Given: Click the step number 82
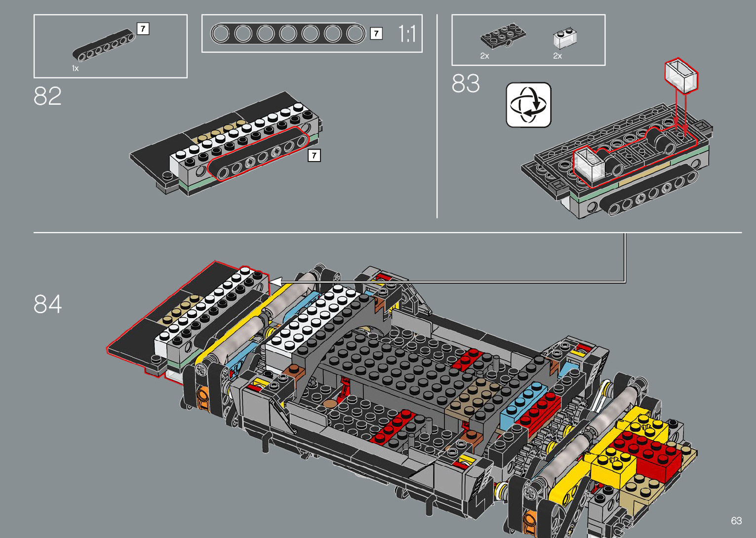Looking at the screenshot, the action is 47,96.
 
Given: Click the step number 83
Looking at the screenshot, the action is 466,83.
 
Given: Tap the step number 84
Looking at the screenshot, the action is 47,304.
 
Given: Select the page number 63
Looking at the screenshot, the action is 736,521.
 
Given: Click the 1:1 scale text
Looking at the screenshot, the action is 407,34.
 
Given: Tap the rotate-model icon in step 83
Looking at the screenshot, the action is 528,105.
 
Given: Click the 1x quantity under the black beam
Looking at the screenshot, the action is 75,68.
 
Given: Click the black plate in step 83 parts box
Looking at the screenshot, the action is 503,36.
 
